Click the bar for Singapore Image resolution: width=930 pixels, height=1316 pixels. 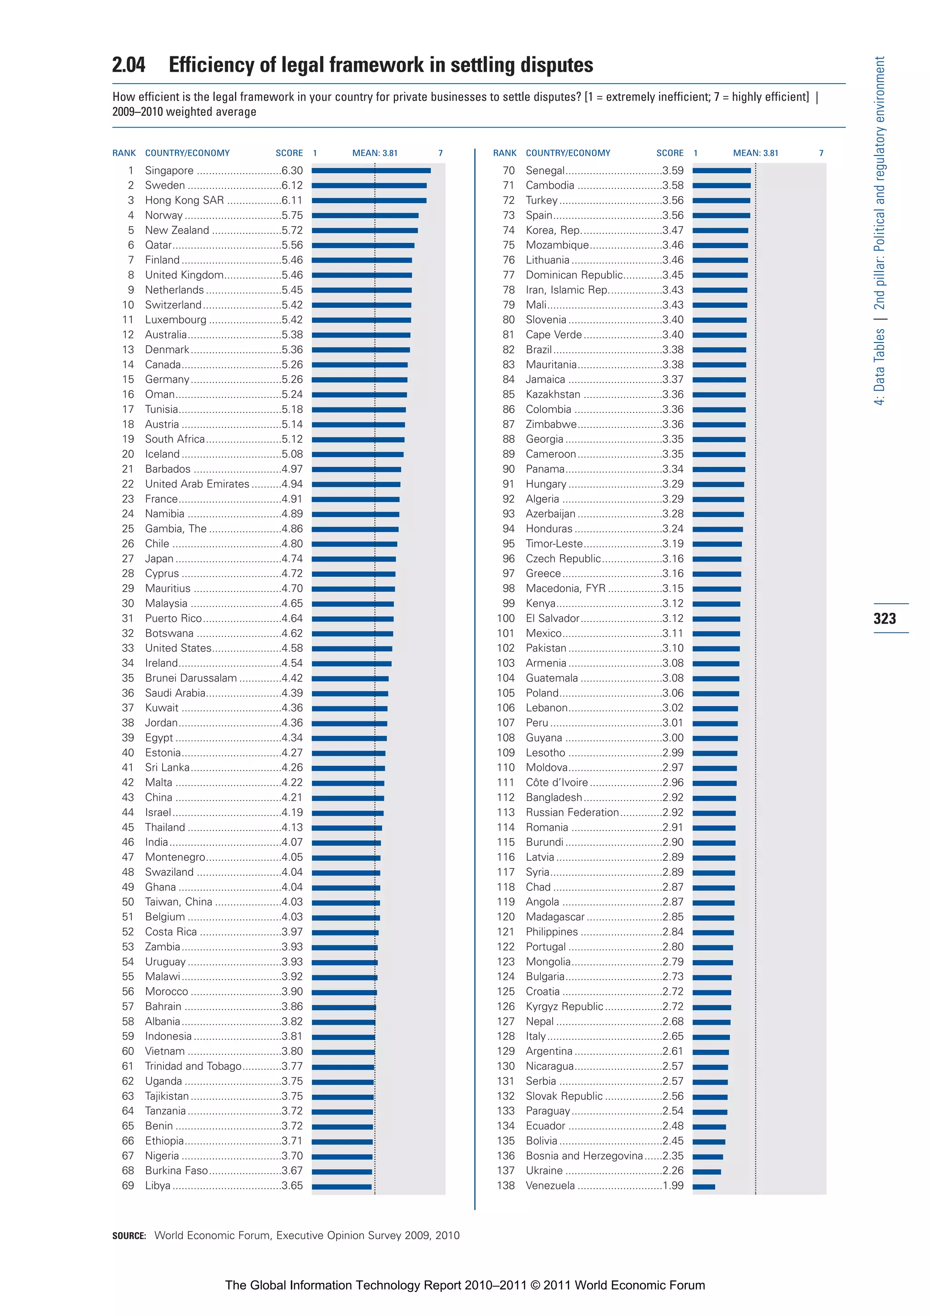click(x=371, y=170)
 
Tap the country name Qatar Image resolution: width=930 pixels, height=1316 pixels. click(x=158, y=245)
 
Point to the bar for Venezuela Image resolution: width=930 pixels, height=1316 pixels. click(x=704, y=1187)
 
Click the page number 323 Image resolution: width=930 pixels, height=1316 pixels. click(x=884, y=618)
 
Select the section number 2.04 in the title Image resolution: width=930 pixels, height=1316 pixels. click(x=129, y=65)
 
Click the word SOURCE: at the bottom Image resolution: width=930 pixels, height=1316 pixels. click(x=129, y=1236)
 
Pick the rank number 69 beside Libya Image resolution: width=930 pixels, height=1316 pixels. click(x=128, y=1185)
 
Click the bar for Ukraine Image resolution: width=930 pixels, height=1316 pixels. click(x=707, y=1172)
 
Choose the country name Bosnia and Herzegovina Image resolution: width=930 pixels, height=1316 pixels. click(x=584, y=1156)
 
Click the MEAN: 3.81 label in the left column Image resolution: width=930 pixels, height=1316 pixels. click(x=375, y=153)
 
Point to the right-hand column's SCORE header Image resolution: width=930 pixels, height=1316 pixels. click(x=670, y=153)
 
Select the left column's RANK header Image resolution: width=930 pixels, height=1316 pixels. click(x=124, y=153)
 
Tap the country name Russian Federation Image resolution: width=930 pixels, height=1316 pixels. click(x=572, y=812)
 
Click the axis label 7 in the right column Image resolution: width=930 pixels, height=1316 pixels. click(x=821, y=153)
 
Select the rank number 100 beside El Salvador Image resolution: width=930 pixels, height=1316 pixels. click(x=505, y=618)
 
